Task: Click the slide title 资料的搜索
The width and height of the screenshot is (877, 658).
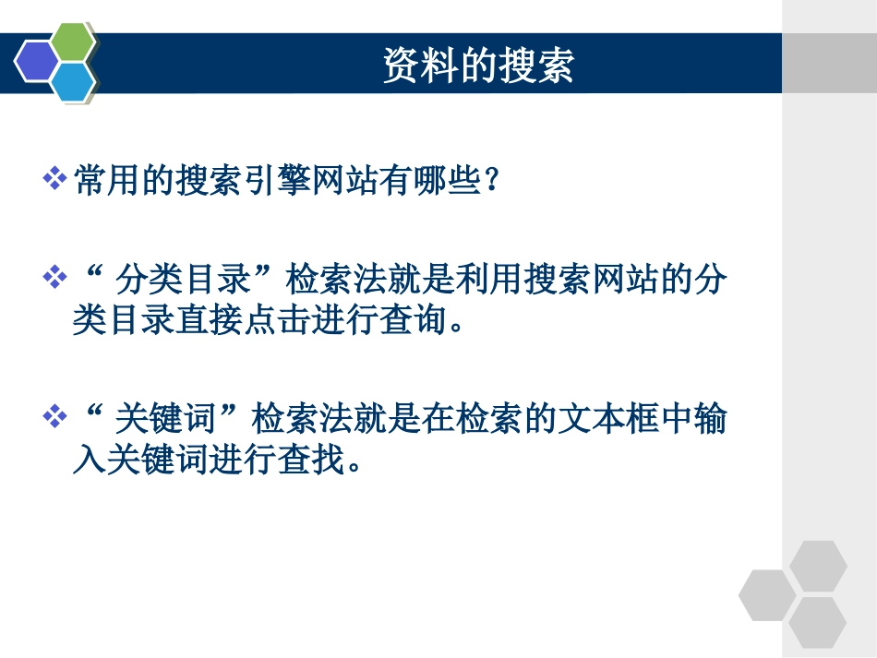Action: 478,66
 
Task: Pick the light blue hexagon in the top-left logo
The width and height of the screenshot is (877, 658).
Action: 72,81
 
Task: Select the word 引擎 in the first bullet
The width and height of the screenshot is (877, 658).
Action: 274,180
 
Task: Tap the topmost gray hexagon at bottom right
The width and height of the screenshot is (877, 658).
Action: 817,567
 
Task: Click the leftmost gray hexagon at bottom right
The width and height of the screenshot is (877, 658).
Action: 767,594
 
